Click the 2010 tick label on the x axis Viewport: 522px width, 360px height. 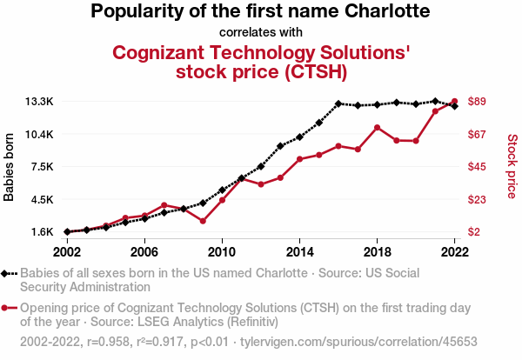click(222, 251)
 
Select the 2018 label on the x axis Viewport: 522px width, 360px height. click(377, 251)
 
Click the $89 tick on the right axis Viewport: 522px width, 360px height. click(477, 102)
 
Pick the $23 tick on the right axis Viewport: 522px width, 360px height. click(477, 199)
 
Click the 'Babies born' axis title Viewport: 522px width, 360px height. click(10, 167)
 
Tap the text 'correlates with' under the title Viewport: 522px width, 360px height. click(261, 32)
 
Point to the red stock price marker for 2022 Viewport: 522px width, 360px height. click(454, 102)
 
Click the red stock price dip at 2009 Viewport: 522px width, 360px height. click(203, 221)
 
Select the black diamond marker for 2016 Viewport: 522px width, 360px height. click(338, 103)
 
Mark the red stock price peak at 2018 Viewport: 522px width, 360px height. click(377, 128)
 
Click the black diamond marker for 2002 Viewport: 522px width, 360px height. click(67, 232)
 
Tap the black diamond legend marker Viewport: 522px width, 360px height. click(7, 273)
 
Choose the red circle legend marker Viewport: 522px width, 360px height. click(7, 308)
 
